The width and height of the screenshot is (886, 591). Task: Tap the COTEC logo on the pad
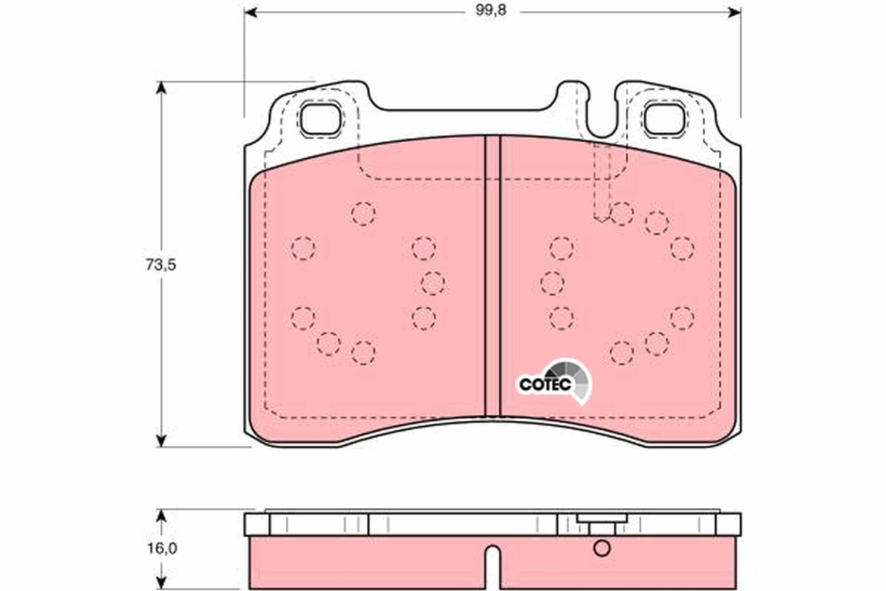click(554, 381)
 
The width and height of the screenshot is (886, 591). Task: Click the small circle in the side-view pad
click(602, 549)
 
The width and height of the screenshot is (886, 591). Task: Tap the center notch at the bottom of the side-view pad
click(492, 565)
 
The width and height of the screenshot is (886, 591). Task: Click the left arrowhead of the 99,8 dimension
click(250, 12)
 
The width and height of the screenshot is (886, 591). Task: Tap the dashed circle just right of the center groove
click(552, 282)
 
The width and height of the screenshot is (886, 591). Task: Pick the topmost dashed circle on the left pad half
click(363, 213)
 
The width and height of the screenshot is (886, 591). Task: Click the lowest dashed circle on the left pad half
click(363, 352)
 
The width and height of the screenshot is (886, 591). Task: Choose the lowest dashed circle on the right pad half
click(622, 352)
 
